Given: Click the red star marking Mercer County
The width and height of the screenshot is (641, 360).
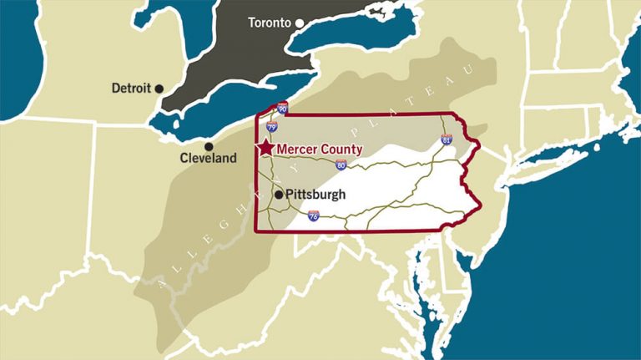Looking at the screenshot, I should tap(265, 148).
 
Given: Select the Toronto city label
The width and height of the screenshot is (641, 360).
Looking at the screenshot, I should tap(270, 23).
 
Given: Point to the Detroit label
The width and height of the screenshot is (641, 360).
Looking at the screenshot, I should tap(130, 88).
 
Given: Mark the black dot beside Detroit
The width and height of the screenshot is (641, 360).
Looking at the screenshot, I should tap(159, 88).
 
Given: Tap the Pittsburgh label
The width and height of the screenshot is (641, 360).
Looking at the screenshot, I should tap(315, 195).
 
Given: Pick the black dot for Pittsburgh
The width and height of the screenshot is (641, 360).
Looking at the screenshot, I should tap(278, 195).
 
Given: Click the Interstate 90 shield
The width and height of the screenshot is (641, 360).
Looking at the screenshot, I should tap(283, 109).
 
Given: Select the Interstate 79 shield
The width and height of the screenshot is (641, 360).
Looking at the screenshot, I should tap(272, 127).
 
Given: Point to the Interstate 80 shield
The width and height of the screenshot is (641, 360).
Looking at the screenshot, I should tap(341, 165).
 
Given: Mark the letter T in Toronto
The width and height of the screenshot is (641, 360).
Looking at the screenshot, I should tap(253, 23).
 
